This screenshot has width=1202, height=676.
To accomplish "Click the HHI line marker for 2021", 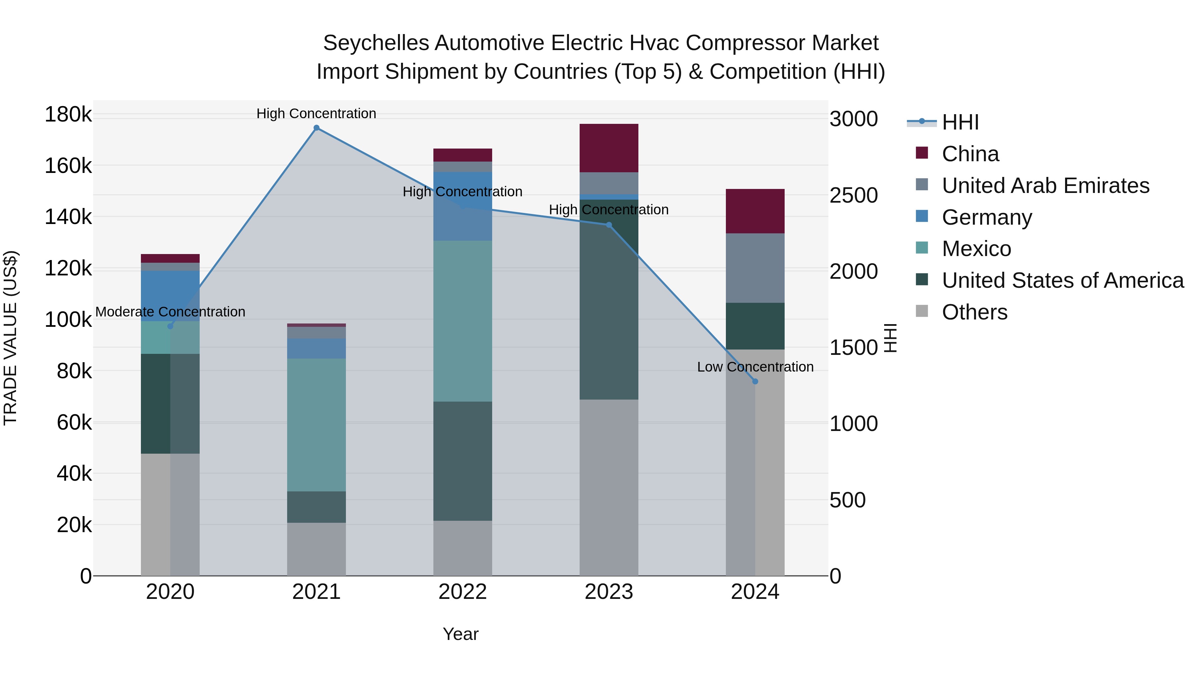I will tap(317, 128).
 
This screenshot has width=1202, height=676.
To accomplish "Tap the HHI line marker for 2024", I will tap(755, 382).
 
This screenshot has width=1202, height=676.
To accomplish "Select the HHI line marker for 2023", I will tap(608, 225).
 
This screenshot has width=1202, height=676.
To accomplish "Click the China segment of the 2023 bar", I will tap(608, 148).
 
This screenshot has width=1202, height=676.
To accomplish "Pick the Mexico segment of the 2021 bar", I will tap(317, 425).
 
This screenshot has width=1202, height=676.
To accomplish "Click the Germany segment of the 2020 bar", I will tap(170, 296).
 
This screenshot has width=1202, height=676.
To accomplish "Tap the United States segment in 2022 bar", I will tap(462, 461).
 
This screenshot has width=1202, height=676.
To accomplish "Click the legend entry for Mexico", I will tap(976, 249).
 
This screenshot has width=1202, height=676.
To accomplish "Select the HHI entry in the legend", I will tap(960, 122).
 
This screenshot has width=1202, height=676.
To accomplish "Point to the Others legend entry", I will tap(974, 312).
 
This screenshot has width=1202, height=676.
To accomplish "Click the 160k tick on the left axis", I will tap(68, 166).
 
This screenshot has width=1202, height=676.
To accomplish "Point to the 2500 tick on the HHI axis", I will tap(853, 196).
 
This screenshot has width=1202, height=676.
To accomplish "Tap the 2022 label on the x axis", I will tap(462, 592).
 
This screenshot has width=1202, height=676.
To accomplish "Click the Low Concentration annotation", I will tap(755, 367).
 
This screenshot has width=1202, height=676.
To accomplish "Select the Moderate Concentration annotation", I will tap(170, 312).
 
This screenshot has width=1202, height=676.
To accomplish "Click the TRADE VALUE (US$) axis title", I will tap(10, 338).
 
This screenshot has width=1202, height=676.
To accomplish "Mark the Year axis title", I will tap(460, 634).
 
